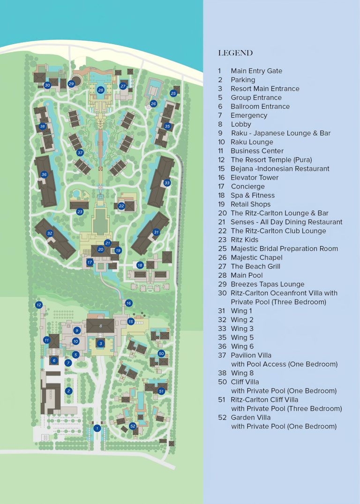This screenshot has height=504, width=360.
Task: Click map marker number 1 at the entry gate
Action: coord(97,428)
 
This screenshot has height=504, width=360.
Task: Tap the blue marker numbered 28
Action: coord(101,90)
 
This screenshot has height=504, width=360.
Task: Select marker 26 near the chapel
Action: coord(153,104)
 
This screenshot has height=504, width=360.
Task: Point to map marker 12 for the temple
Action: coord(39,305)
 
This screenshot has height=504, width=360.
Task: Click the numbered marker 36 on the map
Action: coord(44,174)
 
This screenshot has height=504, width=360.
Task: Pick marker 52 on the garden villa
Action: coord(133,426)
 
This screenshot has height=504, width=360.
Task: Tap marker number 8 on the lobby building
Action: coord(100,325)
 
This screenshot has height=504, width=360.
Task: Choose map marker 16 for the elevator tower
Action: coord(129,303)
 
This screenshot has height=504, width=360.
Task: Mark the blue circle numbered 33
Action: coord(167,183)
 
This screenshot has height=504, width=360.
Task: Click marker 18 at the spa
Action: coord(140,265)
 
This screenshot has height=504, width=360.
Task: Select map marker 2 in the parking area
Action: coord(68,391)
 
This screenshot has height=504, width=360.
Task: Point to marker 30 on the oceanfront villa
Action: coord(47,85)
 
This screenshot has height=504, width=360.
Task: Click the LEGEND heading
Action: coord(235,53)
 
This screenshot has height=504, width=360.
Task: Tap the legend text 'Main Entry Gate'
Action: coord(256,71)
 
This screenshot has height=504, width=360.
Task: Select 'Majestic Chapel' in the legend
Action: coord(256,257)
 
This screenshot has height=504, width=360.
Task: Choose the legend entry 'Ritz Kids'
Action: coord(244,240)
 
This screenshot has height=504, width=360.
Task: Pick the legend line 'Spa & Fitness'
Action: coord(253,195)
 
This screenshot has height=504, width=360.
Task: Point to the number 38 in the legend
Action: coord(222,373)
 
